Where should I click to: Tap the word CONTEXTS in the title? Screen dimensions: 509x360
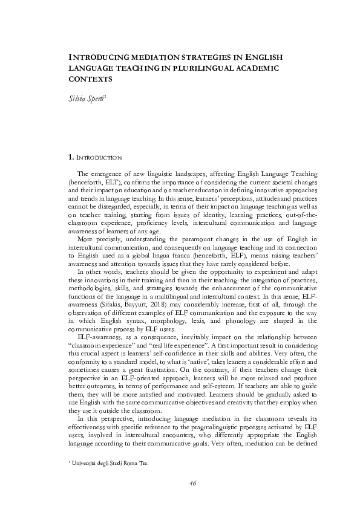coord(90,79)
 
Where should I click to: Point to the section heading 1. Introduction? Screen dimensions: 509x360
coord(95,158)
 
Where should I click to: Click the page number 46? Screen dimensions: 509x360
coord(192,482)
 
